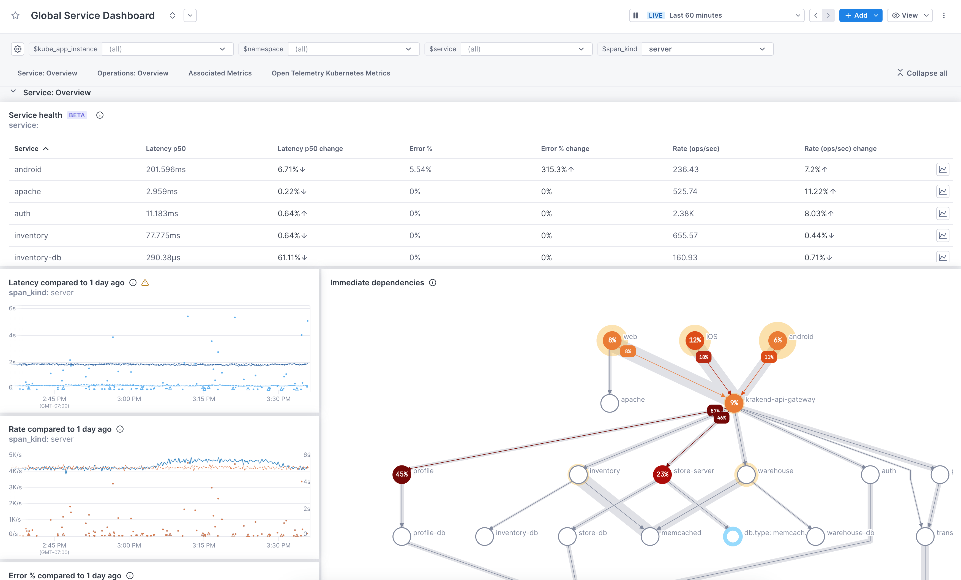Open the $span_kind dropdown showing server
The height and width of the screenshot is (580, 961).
point(707,49)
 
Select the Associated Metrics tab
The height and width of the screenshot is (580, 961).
point(220,73)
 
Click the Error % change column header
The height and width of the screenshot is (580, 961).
point(565,148)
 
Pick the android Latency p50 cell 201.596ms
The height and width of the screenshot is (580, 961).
point(166,169)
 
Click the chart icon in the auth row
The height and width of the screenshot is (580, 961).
point(942,213)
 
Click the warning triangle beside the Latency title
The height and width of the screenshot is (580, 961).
point(145,283)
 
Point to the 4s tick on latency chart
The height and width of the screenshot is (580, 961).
point(12,335)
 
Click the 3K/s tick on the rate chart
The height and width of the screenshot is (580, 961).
point(15,487)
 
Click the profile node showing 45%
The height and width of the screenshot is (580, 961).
point(402,474)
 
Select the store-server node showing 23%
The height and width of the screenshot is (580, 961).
point(662,474)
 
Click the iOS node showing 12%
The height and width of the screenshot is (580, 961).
point(695,340)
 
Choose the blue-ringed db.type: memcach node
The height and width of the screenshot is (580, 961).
point(733,536)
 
